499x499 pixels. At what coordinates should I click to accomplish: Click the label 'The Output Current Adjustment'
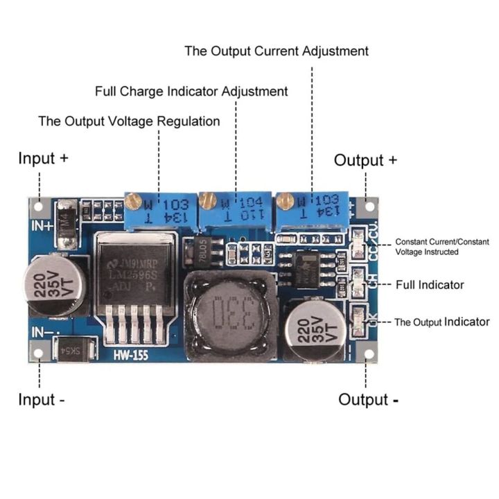[277, 51]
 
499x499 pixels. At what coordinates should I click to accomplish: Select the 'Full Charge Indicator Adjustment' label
[191, 91]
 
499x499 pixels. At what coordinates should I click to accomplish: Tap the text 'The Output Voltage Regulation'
[129, 121]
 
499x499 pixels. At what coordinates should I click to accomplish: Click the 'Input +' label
[43, 158]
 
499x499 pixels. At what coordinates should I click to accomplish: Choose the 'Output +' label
[365, 160]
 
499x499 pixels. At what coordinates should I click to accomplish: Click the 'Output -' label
[368, 400]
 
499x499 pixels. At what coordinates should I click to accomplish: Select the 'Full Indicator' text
[430, 285]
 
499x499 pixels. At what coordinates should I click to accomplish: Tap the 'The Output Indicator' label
[442, 322]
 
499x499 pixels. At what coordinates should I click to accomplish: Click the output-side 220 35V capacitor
[317, 329]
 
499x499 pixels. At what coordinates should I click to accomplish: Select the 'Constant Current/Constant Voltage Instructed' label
[441, 247]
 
